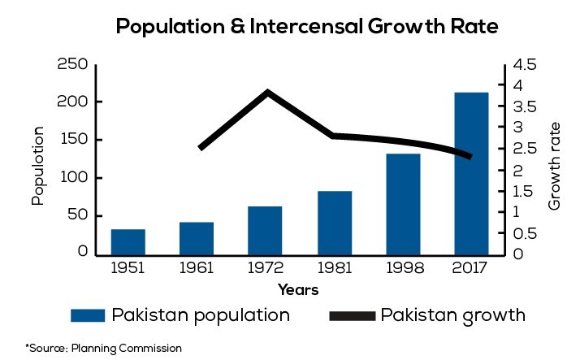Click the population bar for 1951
click(x=128, y=241)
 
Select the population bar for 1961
click(x=197, y=238)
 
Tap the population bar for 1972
click(x=265, y=230)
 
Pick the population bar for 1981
click(x=335, y=223)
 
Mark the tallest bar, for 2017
click(x=471, y=172)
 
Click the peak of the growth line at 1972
click(x=267, y=93)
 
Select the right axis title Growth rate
click(x=555, y=166)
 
